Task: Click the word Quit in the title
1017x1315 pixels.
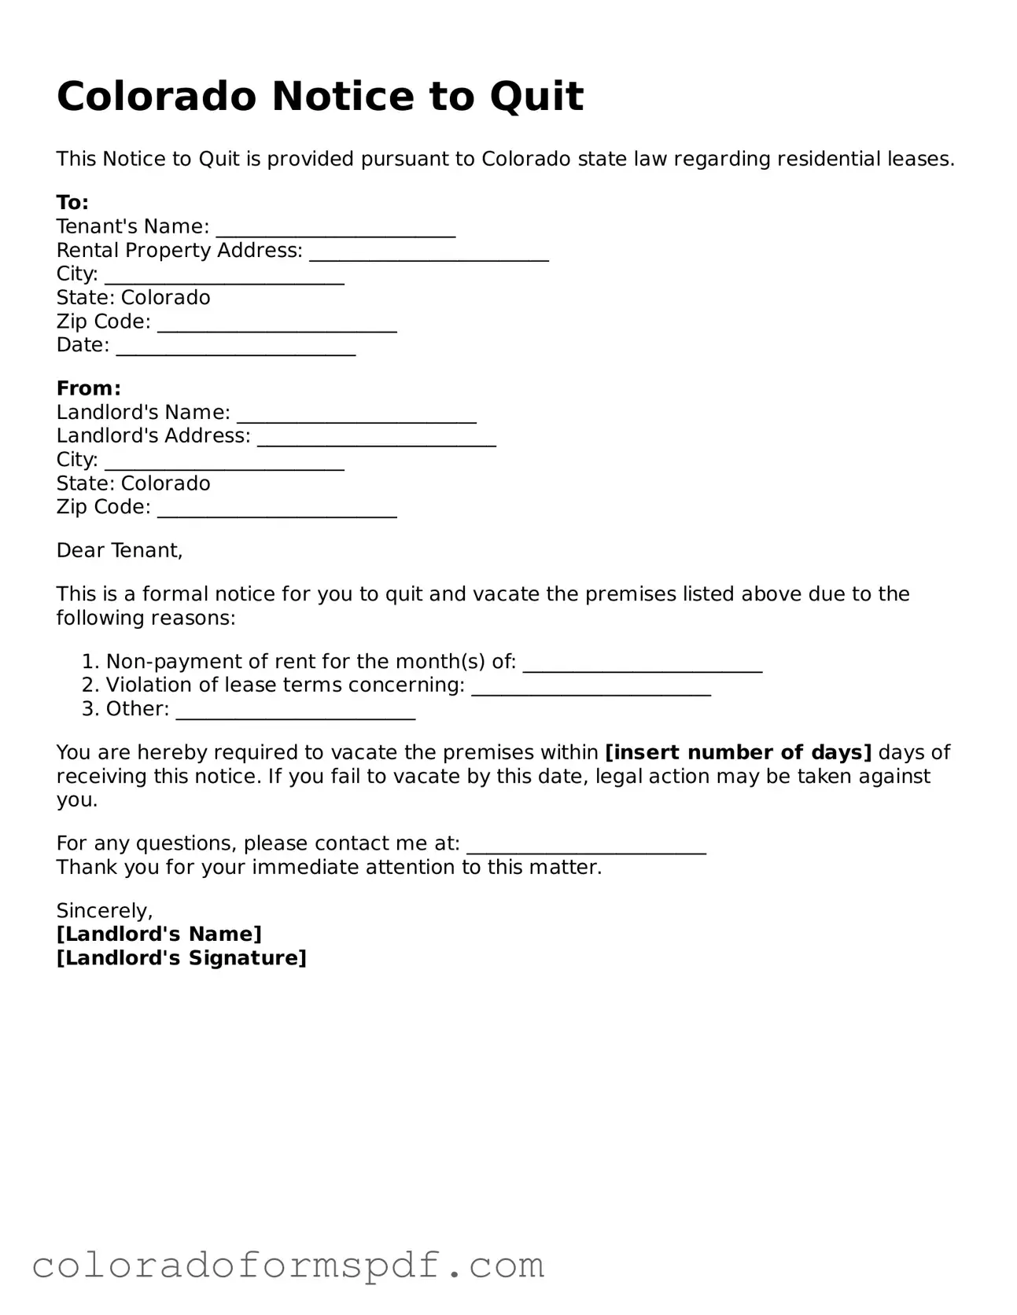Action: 536,97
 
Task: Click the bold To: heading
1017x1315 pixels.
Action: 72,203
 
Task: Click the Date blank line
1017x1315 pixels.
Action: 236,347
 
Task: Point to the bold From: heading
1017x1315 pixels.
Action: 88,388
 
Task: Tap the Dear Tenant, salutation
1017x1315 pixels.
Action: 120,550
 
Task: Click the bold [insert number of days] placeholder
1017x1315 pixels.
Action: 738,752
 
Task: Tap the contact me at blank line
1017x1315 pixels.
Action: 586,846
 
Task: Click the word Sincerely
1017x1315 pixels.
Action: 104,910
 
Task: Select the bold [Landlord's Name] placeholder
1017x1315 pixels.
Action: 159,934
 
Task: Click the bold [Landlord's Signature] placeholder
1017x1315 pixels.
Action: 181,957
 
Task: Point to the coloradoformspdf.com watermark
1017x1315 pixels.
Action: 288,1265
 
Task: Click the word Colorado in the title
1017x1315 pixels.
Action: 157,97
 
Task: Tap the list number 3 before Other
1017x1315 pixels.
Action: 88,709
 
